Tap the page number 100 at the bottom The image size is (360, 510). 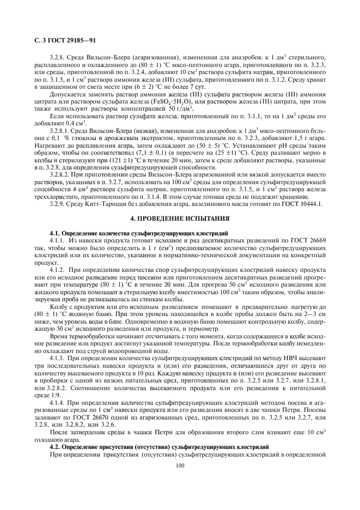tap(180, 465)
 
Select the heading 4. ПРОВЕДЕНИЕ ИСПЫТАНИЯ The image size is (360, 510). tap(179, 218)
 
